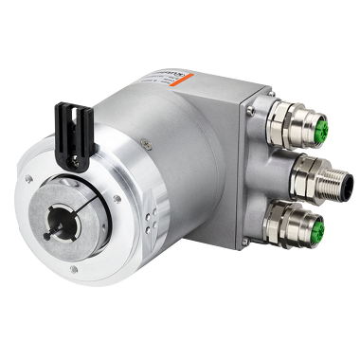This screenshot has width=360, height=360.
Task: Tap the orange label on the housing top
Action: tap(180, 75)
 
